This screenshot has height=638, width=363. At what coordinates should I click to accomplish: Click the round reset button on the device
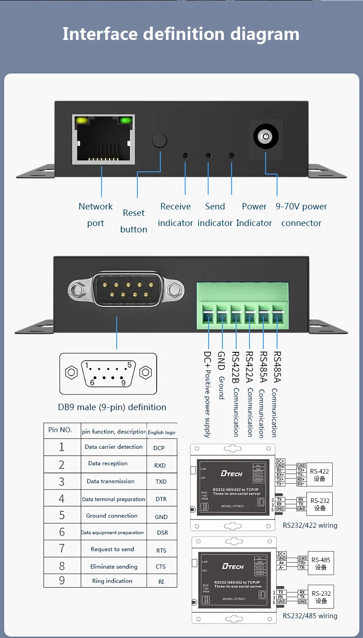pos(159,141)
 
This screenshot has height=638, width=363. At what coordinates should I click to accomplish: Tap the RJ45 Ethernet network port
pos(103,139)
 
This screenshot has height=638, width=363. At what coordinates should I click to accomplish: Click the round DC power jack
pos(266,136)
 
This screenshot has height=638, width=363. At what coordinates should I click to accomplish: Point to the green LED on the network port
pos(125,121)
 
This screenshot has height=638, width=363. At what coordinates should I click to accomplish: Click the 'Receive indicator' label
pos(176,215)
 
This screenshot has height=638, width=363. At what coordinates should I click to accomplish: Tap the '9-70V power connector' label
pos(301,215)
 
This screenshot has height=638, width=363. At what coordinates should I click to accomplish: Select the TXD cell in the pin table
pos(161,482)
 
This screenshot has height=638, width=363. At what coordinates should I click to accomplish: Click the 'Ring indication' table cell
pos(112,581)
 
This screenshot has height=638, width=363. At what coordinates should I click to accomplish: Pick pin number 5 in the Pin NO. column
pos(62,515)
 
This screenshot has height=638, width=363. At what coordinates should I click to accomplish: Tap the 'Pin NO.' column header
pos(60,430)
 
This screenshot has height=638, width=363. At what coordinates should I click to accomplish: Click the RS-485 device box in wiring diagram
pos(321,564)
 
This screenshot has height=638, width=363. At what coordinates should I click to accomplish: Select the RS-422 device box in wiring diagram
pos(319,475)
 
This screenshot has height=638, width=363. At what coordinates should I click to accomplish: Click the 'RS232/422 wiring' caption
pos(310,525)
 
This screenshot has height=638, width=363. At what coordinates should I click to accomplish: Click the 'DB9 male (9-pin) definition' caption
pos(112,407)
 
